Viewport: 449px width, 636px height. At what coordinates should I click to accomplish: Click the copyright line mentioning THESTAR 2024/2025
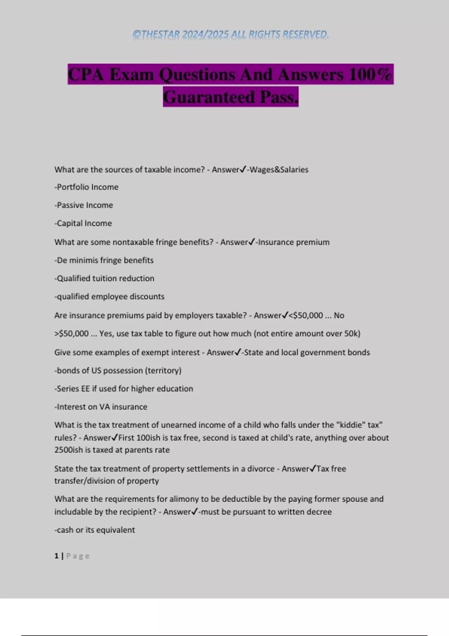point(230,34)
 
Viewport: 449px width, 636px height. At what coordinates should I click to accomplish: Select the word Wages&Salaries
point(279,170)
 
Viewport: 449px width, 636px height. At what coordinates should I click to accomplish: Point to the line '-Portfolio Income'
point(86,187)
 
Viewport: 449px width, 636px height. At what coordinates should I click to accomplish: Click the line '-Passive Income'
point(84,205)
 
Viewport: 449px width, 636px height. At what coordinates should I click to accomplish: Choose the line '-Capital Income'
point(83,223)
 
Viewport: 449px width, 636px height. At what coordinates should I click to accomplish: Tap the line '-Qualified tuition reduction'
point(104,278)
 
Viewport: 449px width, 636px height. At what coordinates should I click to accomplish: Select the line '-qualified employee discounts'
point(109,297)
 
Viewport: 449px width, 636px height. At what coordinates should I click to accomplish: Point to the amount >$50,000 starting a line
point(71,334)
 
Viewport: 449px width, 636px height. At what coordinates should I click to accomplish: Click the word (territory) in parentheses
point(164,371)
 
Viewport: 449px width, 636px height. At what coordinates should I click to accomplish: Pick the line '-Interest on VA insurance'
point(101,407)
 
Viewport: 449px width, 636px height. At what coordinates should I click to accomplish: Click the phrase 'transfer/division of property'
point(107,481)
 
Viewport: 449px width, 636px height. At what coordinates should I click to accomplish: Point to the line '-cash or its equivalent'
point(95,530)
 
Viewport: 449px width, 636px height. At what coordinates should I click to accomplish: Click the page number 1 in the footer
point(56,556)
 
